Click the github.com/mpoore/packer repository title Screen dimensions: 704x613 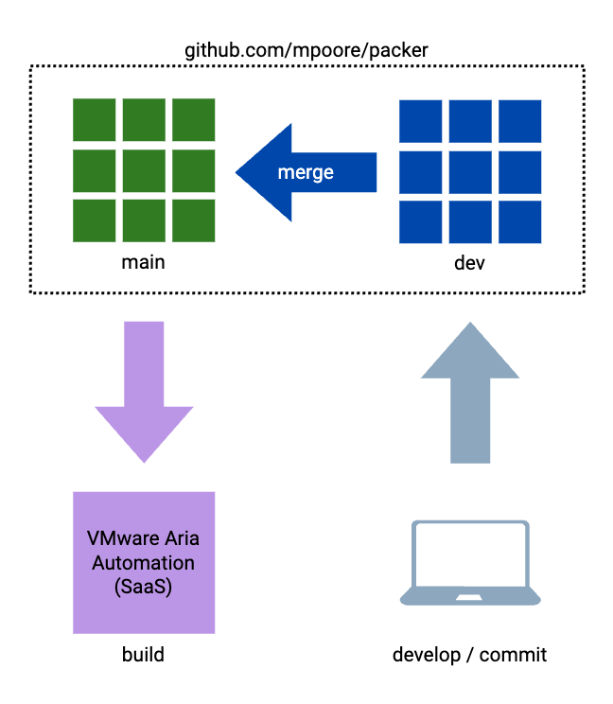[x=306, y=49]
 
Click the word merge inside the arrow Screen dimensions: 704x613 [x=305, y=173]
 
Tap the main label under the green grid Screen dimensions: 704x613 [x=143, y=262]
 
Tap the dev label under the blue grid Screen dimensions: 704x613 [x=469, y=263]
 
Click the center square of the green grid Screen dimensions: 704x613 [x=144, y=170]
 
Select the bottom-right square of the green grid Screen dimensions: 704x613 [x=194, y=220]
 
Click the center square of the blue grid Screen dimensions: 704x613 [x=470, y=171]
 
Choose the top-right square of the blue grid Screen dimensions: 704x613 [x=519, y=120]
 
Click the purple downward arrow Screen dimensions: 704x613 [x=144, y=390]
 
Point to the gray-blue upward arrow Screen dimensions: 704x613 [x=470, y=390]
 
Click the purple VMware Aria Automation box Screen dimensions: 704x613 [x=144, y=562]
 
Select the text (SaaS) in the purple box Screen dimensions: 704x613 [x=143, y=586]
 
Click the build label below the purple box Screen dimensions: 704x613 [x=143, y=655]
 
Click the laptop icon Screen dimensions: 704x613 [x=470, y=564]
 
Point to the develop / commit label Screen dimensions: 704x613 [x=469, y=655]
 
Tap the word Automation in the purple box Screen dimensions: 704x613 [x=144, y=563]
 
